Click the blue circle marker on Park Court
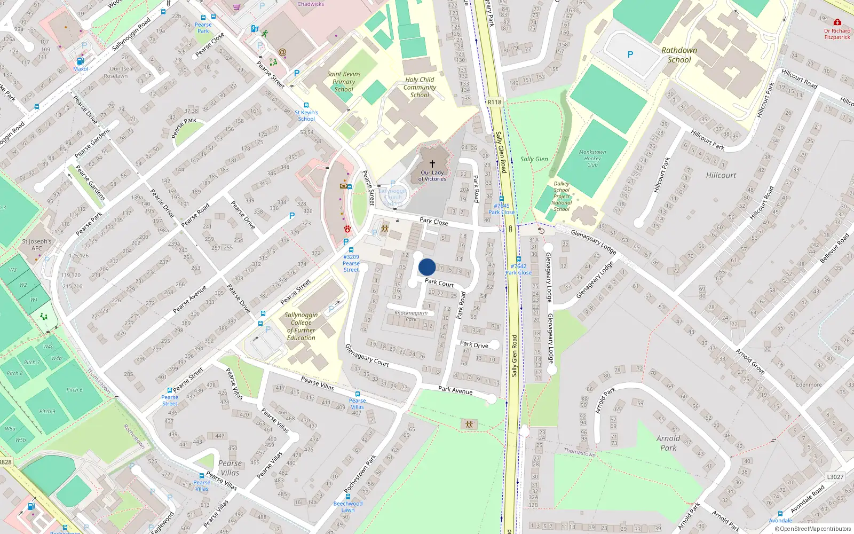(427, 267)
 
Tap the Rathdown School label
(679, 55)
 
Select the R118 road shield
(494, 102)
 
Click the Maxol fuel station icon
(81, 61)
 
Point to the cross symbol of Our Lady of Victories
(432, 164)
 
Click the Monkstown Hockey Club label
(592, 159)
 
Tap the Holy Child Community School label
(420, 88)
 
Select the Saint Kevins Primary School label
(344, 82)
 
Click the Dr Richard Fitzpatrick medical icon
(837, 22)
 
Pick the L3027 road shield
(835, 477)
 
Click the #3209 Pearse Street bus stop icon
(351, 250)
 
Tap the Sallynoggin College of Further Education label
(301, 326)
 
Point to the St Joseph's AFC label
(37, 245)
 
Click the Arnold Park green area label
(668, 443)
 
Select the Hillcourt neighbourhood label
(721, 175)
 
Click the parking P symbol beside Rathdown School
(630, 54)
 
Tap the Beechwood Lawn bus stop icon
(348, 497)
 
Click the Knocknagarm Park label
(411, 316)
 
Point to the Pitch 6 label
(75, 390)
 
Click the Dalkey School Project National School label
(562, 197)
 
